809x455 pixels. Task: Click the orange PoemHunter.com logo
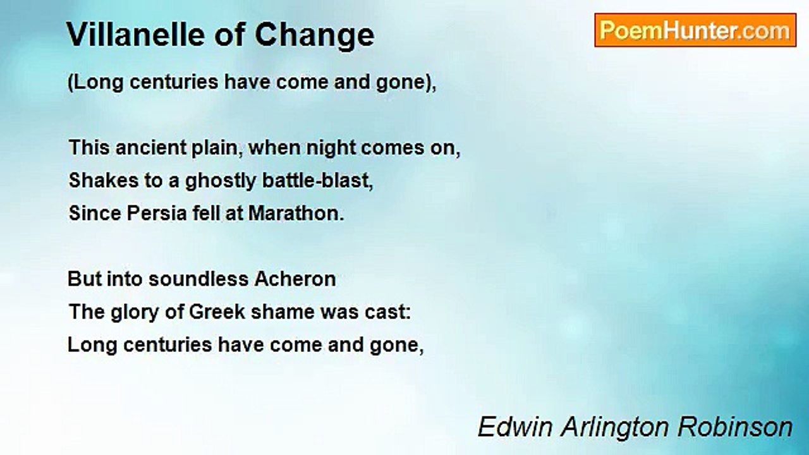(695, 30)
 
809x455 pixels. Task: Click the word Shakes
(104, 180)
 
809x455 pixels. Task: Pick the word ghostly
(221, 181)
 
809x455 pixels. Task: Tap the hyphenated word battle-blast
(317, 180)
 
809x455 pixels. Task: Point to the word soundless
(198, 279)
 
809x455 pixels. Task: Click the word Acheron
(295, 279)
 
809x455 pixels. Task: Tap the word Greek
(217, 312)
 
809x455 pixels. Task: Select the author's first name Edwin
(515, 427)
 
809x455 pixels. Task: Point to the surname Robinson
(735, 427)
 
